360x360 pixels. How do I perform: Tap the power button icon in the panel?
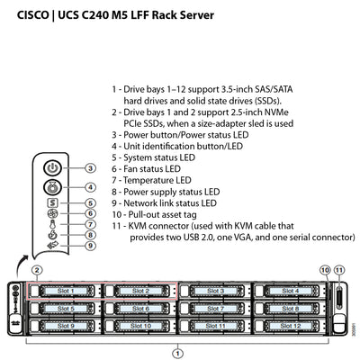(53, 168)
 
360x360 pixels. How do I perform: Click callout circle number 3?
(91, 168)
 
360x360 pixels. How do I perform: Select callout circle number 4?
(91, 187)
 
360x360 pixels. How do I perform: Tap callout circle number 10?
(325, 270)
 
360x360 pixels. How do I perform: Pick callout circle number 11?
(339, 270)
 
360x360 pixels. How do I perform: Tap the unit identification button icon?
(53, 187)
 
